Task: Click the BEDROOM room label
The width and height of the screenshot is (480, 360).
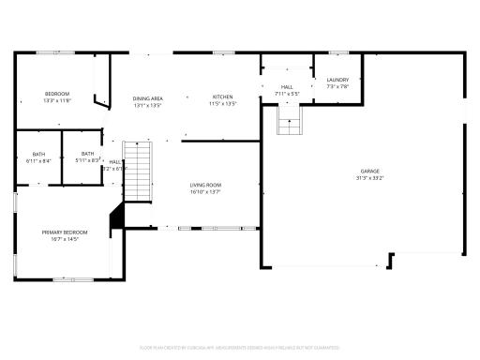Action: tap(57, 94)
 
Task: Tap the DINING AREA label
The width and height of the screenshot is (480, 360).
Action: tap(148, 97)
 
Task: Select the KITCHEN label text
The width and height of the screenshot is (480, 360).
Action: tap(222, 97)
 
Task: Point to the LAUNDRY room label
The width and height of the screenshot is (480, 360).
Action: tap(337, 81)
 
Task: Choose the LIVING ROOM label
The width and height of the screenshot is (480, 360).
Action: tap(205, 185)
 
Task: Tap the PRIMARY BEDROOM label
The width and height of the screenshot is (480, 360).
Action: tap(64, 232)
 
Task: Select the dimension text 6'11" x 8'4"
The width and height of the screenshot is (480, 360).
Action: tap(38, 160)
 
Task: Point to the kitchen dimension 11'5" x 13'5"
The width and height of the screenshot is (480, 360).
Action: tap(222, 104)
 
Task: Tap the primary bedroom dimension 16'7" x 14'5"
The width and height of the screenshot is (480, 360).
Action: tap(64, 238)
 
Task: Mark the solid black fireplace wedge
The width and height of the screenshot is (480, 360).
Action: tap(117, 217)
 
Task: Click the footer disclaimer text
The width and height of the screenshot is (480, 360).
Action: tap(240, 346)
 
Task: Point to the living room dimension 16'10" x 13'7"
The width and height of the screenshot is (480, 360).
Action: tap(205, 191)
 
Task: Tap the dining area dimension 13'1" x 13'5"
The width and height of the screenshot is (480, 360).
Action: tap(148, 104)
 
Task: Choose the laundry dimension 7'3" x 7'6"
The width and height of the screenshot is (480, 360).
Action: tap(337, 87)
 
